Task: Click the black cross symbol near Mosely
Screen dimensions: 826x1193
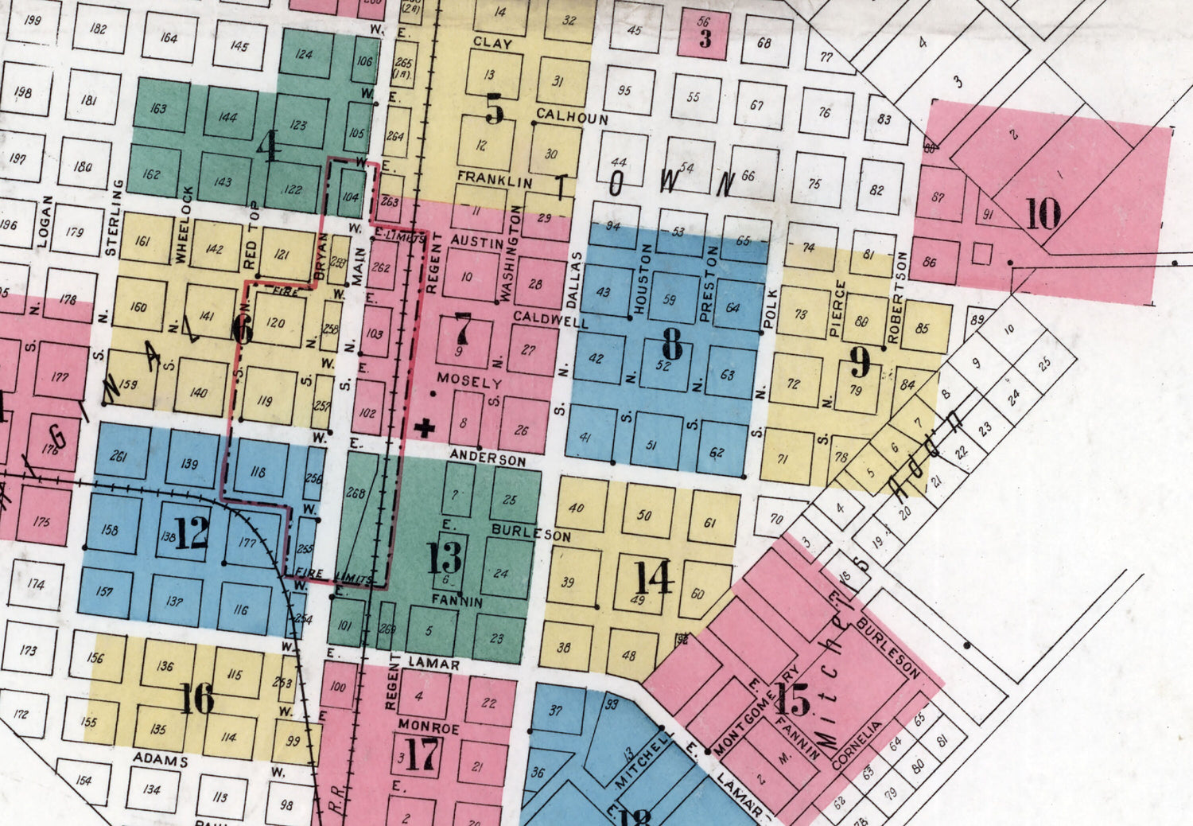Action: tap(426, 429)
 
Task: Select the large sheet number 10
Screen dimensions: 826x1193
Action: tap(1043, 213)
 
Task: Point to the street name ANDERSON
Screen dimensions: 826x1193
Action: tap(488, 458)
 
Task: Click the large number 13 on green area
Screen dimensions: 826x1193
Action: tap(444, 557)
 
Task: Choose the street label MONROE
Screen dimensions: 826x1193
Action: tap(429, 727)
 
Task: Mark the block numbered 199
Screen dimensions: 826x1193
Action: tap(33, 20)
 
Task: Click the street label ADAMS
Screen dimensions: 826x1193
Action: tap(160, 759)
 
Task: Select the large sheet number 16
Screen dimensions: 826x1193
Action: tap(196, 699)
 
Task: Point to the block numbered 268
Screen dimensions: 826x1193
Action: tap(356, 493)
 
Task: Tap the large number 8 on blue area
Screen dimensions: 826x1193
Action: tap(672, 344)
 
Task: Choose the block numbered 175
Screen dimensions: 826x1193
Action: tap(41, 522)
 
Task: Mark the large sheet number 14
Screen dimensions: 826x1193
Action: tap(654, 577)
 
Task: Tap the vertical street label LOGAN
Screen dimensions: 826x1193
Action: tap(45, 221)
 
